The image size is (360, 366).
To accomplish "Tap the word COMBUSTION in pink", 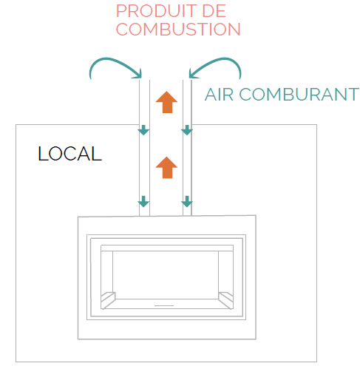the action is pos(178,30).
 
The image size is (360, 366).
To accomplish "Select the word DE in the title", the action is pos(214,11).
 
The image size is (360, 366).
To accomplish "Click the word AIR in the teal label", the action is pos(219,95).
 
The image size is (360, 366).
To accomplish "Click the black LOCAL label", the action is pos(70,154).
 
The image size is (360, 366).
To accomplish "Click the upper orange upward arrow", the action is pos(166,102).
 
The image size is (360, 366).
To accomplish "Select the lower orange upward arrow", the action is pos(166,167).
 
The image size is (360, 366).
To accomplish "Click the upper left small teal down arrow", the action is pos(143,130).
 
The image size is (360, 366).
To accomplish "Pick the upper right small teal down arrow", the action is pos(187,130).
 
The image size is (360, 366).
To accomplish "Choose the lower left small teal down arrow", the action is pos(143,201).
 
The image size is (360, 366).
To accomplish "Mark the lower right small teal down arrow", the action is pos(187,201).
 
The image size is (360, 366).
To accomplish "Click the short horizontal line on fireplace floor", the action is pos(164,305).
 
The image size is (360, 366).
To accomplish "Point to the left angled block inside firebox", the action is pos(108,300).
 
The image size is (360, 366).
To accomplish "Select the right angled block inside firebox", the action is pos(225,300).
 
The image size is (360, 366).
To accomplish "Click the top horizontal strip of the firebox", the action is pos(167,248).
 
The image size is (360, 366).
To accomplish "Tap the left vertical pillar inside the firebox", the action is pos(107,272).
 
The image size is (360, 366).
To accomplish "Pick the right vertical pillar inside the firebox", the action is pos(225,272).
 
